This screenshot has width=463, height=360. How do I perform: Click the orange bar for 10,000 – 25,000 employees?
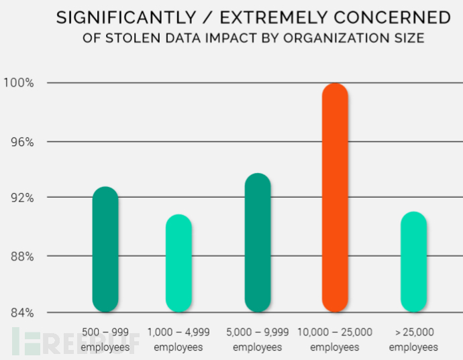(335, 198)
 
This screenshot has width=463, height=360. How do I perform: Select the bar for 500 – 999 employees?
(105, 249)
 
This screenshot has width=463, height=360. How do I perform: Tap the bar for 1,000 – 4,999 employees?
(178, 263)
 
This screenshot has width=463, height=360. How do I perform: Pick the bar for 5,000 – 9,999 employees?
(257, 243)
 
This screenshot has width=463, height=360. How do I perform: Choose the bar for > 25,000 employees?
(413, 262)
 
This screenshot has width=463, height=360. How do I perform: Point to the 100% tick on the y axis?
(20, 83)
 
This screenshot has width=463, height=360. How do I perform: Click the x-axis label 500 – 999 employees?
(105, 339)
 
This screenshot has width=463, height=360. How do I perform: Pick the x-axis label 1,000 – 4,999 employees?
(178, 339)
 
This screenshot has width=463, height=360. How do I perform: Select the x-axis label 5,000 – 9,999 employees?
(258, 339)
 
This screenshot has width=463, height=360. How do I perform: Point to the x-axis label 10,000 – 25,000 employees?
(336, 339)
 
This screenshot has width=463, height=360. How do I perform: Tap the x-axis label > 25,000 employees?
(413, 339)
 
